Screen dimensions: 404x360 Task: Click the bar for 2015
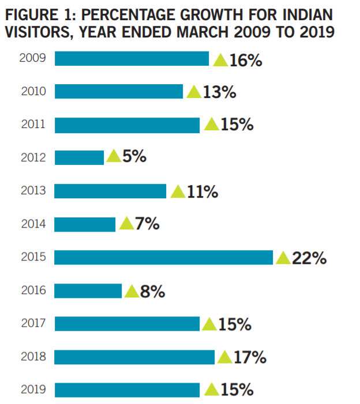[x=163, y=257]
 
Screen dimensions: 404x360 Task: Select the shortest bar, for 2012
[x=79, y=157]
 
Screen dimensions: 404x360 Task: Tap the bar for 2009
[x=132, y=59]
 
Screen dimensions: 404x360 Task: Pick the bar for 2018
[x=134, y=357]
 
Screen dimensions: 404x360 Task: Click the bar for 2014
[x=85, y=224]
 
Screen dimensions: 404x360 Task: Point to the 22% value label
[x=309, y=258]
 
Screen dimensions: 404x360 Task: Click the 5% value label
[x=134, y=157]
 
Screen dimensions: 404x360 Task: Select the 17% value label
[x=250, y=358]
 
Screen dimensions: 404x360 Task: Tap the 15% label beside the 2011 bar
[x=237, y=124]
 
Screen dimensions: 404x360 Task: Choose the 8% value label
[x=153, y=292]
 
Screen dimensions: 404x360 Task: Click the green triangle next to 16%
[x=220, y=60]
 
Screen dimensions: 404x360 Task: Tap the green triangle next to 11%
[x=178, y=192]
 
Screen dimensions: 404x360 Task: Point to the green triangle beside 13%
[x=194, y=93]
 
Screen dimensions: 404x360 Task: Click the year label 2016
[x=32, y=290]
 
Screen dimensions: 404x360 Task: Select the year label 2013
[x=32, y=191]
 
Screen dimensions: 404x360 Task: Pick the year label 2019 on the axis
[x=32, y=390]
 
